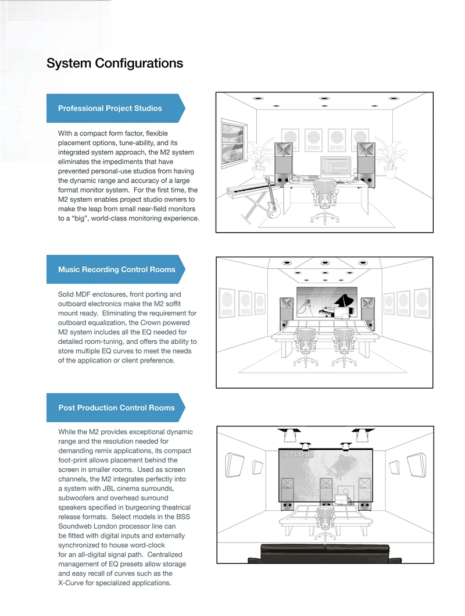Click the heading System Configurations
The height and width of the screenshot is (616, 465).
pos(115,63)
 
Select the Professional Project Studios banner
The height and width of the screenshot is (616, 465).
pos(110,108)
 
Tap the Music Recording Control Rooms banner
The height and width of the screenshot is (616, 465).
pos(116,269)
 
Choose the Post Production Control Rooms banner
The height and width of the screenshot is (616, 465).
pos(116,408)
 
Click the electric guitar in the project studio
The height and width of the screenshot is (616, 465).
pos(271,201)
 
